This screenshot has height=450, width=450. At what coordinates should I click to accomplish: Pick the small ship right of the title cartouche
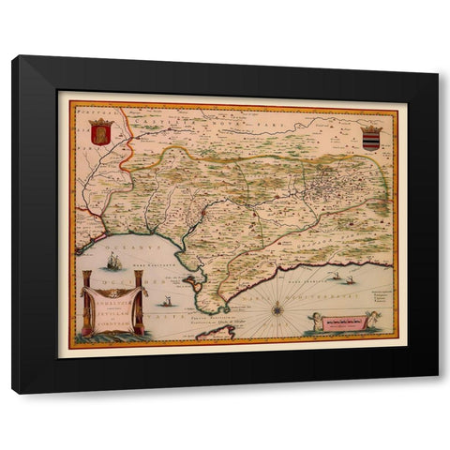coord(166,301)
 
